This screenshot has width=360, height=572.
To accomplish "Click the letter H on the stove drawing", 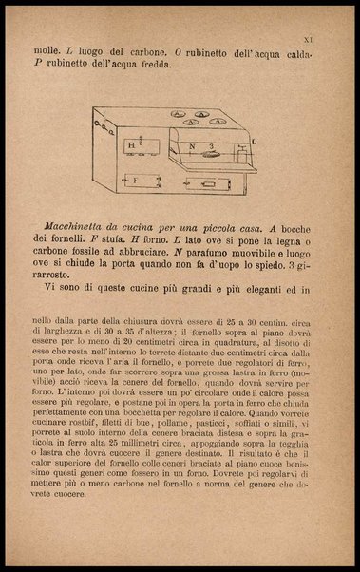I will tap(130, 145).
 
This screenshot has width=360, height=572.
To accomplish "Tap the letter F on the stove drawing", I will tap(133, 179).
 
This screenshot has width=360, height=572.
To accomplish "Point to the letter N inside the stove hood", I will tap(191, 145).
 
